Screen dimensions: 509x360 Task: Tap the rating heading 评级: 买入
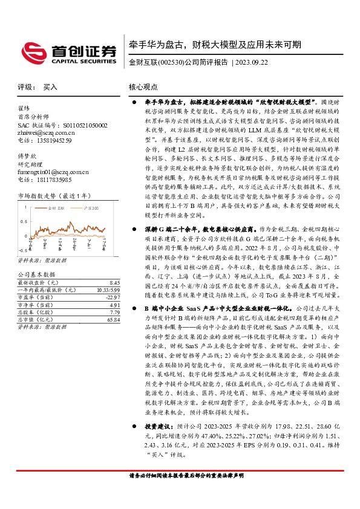tap(38, 87)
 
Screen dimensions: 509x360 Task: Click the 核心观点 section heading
tap(143, 87)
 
